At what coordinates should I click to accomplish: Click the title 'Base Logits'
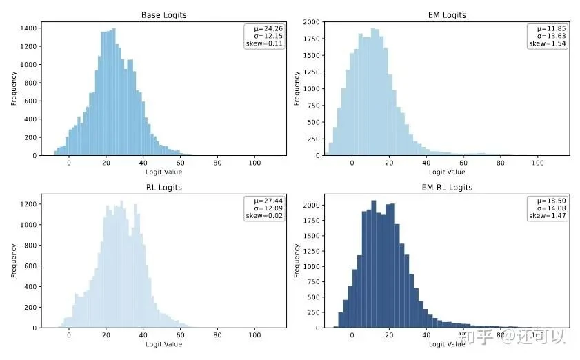pyautogui.click(x=163, y=15)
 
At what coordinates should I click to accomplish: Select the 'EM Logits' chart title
pyautogui.click(x=447, y=15)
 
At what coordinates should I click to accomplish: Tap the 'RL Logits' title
pyautogui.click(x=163, y=187)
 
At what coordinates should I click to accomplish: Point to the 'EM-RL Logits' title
pyautogui.click(x=447, y=187)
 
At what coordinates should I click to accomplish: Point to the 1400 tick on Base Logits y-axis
pyautogui.click(x=28, y=28)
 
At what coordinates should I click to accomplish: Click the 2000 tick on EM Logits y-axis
pyautogui.click(x=311, y=22)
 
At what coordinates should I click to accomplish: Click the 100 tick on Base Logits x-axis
pyautogui.click(x=254, y=162)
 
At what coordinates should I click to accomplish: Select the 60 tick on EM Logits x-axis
pyautogui.click(x=463, y=162)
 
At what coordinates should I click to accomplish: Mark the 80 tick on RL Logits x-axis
pyautogui.click(x=217, y=334)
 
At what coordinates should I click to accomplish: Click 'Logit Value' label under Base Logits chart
pyautogui.click(x=163, y=171)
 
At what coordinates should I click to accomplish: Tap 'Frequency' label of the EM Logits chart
pyautogui.click(x=297, y=88)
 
